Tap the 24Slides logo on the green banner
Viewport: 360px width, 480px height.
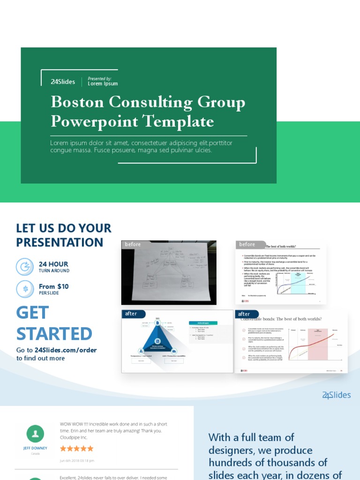tap(63, 82)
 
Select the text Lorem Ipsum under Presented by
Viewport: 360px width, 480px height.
tap(103, 84)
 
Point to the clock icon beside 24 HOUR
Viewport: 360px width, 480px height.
tap(24, 267)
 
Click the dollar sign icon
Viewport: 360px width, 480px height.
tap(25, 289)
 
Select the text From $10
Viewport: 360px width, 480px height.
tap(53, 286)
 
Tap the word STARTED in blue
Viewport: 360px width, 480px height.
tap(54, 334)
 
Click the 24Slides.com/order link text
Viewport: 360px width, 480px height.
tap(66, 350)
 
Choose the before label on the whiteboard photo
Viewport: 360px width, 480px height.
tap(133, 244)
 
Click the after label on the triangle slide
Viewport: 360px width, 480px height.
tap(131, 314)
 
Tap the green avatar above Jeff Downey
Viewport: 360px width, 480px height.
tap(35, 434)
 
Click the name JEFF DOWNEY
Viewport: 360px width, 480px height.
tap(35, 448)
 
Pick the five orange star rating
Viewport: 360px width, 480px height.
tap(77, 449)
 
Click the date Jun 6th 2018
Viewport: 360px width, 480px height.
tap(77, 460)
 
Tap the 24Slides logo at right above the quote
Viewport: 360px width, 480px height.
tap(336, 395)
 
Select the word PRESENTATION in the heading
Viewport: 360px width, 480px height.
tap(60, 242)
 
